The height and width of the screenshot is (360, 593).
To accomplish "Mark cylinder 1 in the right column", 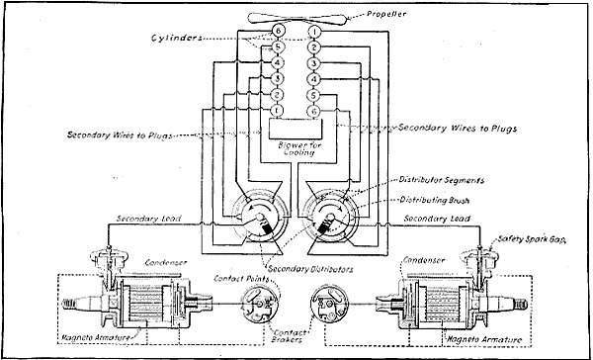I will click(313, 33).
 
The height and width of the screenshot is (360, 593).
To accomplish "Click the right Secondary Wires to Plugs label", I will click(463, 128).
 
